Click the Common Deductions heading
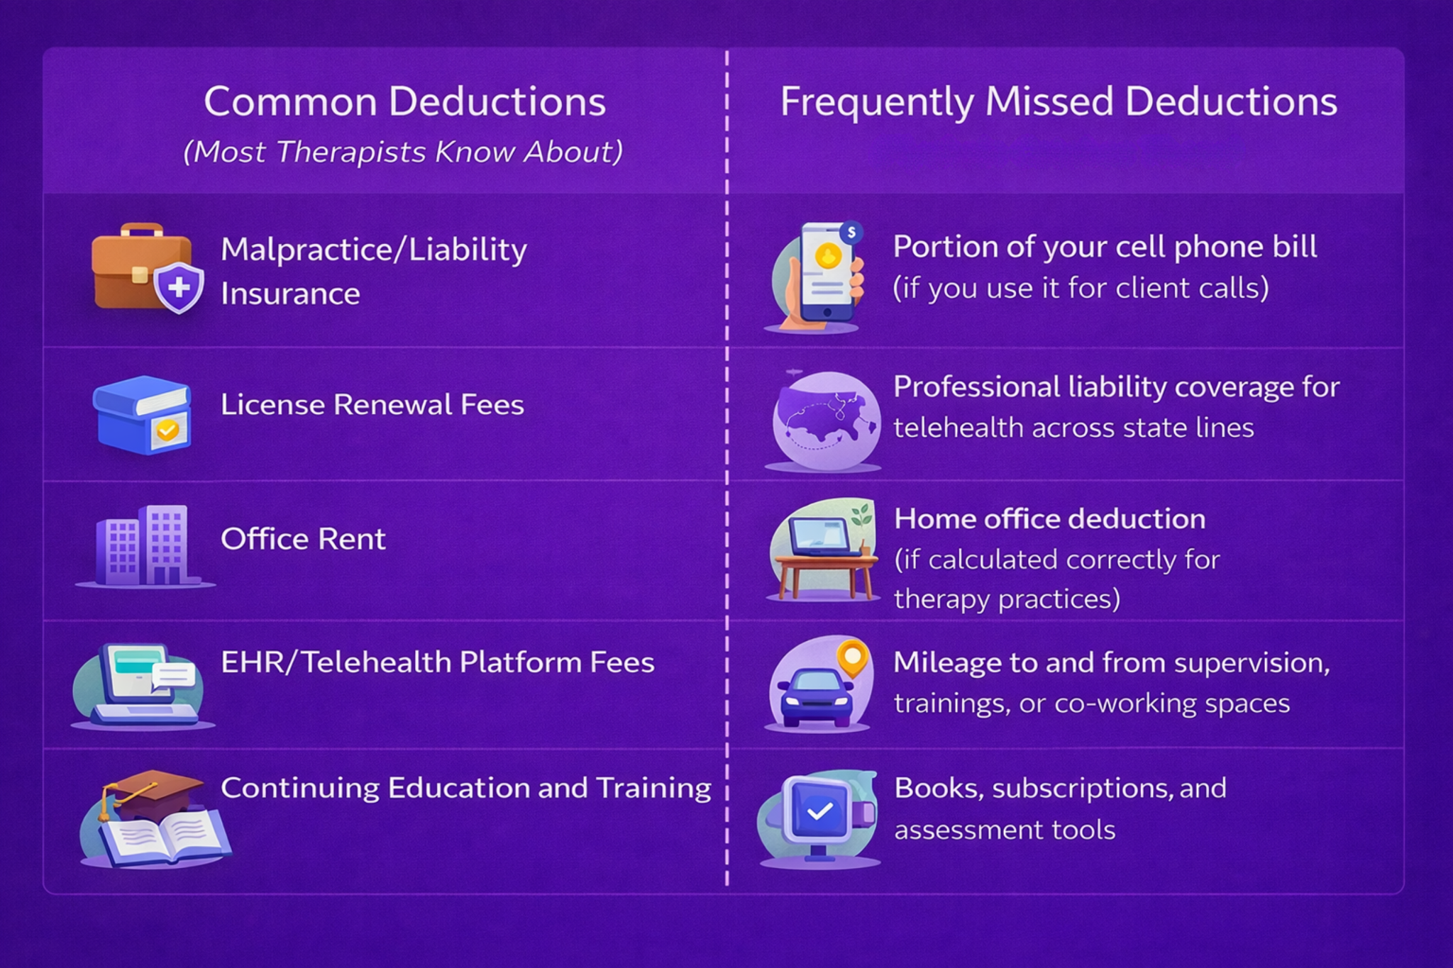click(x=404, y=101)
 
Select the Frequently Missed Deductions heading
click(x=1059, y=101)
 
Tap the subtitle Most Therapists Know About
click(x=403, y=152)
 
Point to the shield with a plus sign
click(x=179, y=288)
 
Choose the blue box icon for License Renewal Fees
click(x=143, y=415)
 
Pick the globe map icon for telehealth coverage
click(x=824, y=420)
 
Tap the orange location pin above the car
click(x=852, y=657)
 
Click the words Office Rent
click(x=303, y=539)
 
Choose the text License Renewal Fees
click(x=372, y=405)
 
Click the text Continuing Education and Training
click(x=465, y=788)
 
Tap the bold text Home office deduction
click(x=1049, y=519)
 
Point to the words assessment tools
click(x=1005, y=830)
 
